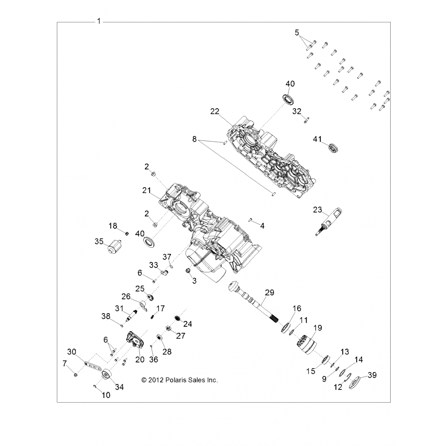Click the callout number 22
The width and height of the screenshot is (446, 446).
[214, 111]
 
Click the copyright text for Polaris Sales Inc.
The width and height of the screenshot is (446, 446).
[180, 380]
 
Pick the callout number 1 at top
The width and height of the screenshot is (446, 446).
[99, 21]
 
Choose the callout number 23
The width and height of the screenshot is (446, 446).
[317, 210]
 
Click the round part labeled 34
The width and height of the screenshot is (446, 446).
[107, 375]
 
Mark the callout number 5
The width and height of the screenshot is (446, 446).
[297, 32]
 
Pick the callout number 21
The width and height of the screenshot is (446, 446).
[147, 190]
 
